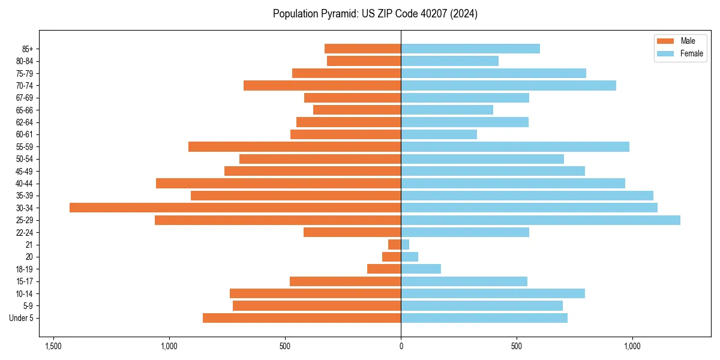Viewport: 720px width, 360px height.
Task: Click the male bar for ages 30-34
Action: [x=235, y=208]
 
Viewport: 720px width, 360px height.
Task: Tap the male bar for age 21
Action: [x=395, y=245]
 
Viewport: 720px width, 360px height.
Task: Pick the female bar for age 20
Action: [x=409, y=257]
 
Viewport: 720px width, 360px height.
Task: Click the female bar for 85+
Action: [x=470, y=49]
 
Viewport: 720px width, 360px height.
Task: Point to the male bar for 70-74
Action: [x=322, y=85]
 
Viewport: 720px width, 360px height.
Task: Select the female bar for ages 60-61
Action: [x=439, y=134]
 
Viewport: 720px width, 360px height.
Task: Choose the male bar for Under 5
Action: [x=302, y=318]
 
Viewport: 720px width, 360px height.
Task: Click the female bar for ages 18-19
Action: [x=421, y=269]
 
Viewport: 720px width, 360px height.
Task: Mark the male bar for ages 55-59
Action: [x=295, y=146]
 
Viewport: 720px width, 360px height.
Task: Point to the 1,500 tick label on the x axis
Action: [x=53, y=346]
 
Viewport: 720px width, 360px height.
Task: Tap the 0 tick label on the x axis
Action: [x=401, y=346]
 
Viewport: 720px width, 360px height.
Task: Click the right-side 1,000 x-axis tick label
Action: [x=632, y=346]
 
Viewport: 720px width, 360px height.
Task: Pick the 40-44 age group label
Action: [x=24, y=184]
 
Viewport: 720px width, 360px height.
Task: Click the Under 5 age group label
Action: [x=22, y=318]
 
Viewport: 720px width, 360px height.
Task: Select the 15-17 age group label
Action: [x=24, y=281]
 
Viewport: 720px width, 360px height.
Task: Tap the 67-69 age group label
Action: [x=24, y=98]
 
